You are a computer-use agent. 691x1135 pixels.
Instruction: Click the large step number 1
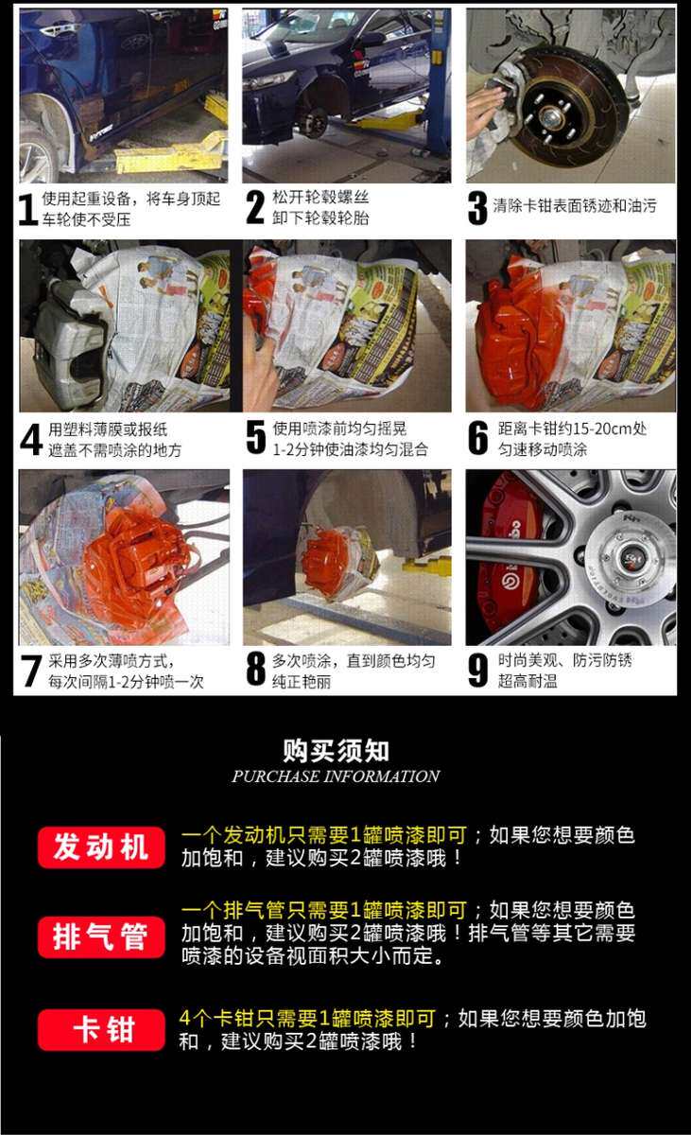[x=27, y=209]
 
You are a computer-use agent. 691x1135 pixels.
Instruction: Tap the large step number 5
[x=255, y=437]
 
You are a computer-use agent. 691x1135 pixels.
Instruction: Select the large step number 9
[x=478, y=670]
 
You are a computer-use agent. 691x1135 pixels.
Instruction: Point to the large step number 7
[x=31, y=671]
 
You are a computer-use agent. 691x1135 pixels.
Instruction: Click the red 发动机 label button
[x=101, y=847]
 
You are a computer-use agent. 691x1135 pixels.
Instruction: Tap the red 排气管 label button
[x=101, y=937]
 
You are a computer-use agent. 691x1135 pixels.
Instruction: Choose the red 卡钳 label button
[x=101, y=1030]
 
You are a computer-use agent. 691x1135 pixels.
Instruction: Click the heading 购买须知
[x=337, y=751]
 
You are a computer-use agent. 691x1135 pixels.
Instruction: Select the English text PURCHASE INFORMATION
[x=337, y=777]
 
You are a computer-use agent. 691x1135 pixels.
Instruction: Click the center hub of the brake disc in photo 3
[x=549, y=119]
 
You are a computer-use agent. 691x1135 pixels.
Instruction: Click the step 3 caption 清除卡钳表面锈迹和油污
[x=575, y=206]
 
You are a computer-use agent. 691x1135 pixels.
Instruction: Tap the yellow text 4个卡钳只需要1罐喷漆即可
[x=307, y=1019]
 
